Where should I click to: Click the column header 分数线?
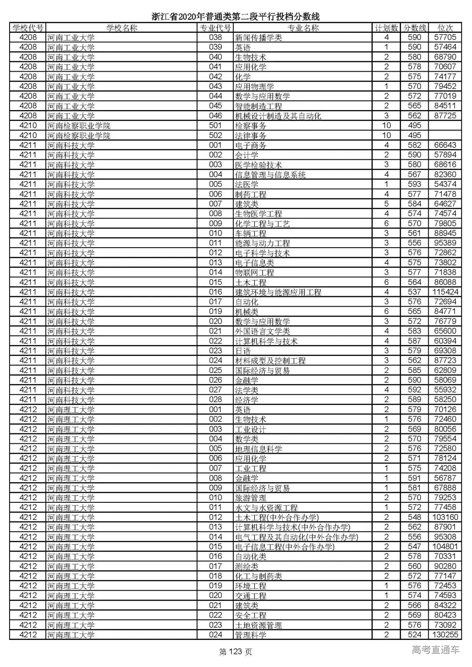[414, 28]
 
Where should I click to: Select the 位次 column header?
[445, 28]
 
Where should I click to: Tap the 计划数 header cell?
[386, 28]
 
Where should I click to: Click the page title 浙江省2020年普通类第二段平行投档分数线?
[236, 17]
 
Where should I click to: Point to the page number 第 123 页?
[236, 652]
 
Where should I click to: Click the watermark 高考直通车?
[435, 650]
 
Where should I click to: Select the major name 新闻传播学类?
[258, 38]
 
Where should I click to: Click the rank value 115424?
[445, 292]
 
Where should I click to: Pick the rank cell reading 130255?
[445, 635]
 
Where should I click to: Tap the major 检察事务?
[250, 126]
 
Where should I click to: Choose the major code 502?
[215, 135]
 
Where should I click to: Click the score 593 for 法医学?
[414, 184]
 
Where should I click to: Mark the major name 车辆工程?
[250, 233]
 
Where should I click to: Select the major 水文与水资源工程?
[266, 508]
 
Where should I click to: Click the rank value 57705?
[445, 38]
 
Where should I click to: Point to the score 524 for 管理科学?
[414, 635]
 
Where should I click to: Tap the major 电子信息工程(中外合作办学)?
[285, 547]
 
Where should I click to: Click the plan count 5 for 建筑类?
[386, 204]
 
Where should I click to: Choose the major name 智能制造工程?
[258, 106]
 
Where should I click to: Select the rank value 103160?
[445, 517]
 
